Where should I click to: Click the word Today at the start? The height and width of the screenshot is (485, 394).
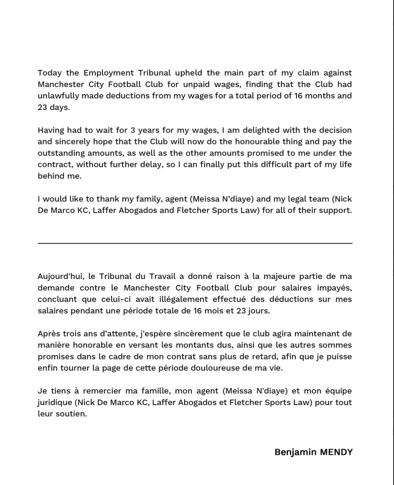click(50, 73)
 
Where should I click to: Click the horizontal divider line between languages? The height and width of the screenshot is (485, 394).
click(195, 243)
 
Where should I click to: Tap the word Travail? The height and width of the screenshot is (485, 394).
click(162, 276)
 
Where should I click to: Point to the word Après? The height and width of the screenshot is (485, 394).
click(49, 334)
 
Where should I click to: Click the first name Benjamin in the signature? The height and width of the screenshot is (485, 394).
click(295, 452)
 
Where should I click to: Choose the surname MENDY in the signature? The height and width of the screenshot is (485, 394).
click(336, 452)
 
